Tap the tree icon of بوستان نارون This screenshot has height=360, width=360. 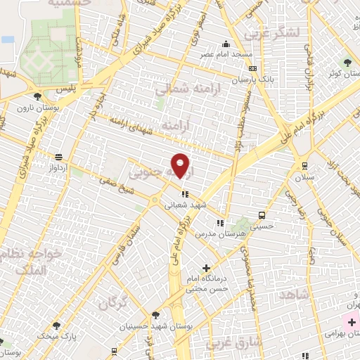point(37,97)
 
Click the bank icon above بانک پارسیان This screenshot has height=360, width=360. point(252,69)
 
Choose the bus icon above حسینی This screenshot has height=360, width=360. point(262,216)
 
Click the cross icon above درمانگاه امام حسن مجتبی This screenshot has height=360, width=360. point(205,268)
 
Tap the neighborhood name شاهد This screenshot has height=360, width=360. point(294,295)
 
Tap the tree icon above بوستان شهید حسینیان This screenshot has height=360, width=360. point(155,314)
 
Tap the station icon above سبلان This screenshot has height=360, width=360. point(304,165)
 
